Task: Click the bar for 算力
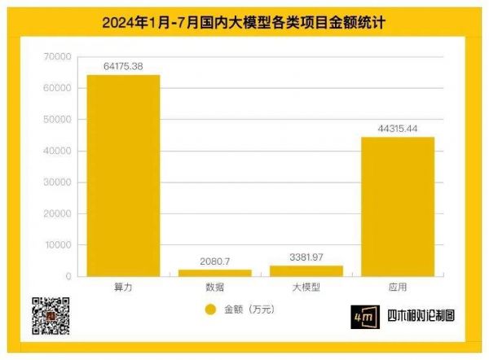[124, 175]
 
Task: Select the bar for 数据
[216, 273]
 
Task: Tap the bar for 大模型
[306, 270]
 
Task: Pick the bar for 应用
[398, 207]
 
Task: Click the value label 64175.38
[124, 66]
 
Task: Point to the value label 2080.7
[216, 261]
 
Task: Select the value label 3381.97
[306, 257]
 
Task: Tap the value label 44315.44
[398, 128]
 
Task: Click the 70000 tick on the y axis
[59, 57]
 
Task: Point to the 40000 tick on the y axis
[59, 151]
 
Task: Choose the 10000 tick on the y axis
[59, 245]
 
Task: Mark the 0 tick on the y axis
[68, 277]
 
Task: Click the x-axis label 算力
[124, 288]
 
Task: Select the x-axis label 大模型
[306, 288]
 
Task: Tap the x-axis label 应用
[398, 288]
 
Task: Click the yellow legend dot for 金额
[209, 310]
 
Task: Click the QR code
[50, 317]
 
